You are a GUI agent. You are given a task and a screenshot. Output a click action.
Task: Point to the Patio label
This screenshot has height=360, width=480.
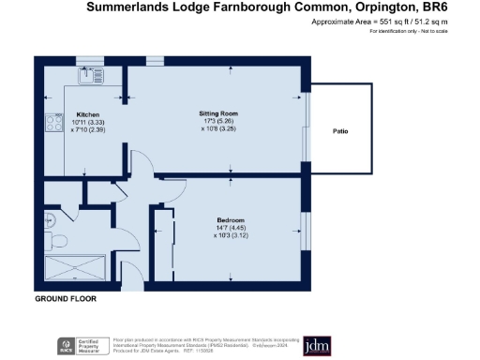pyautogui.click(x=340, y=131)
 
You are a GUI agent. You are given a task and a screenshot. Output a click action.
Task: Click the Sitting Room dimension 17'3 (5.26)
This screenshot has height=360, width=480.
pyautogui.click(x=215, y=121)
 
